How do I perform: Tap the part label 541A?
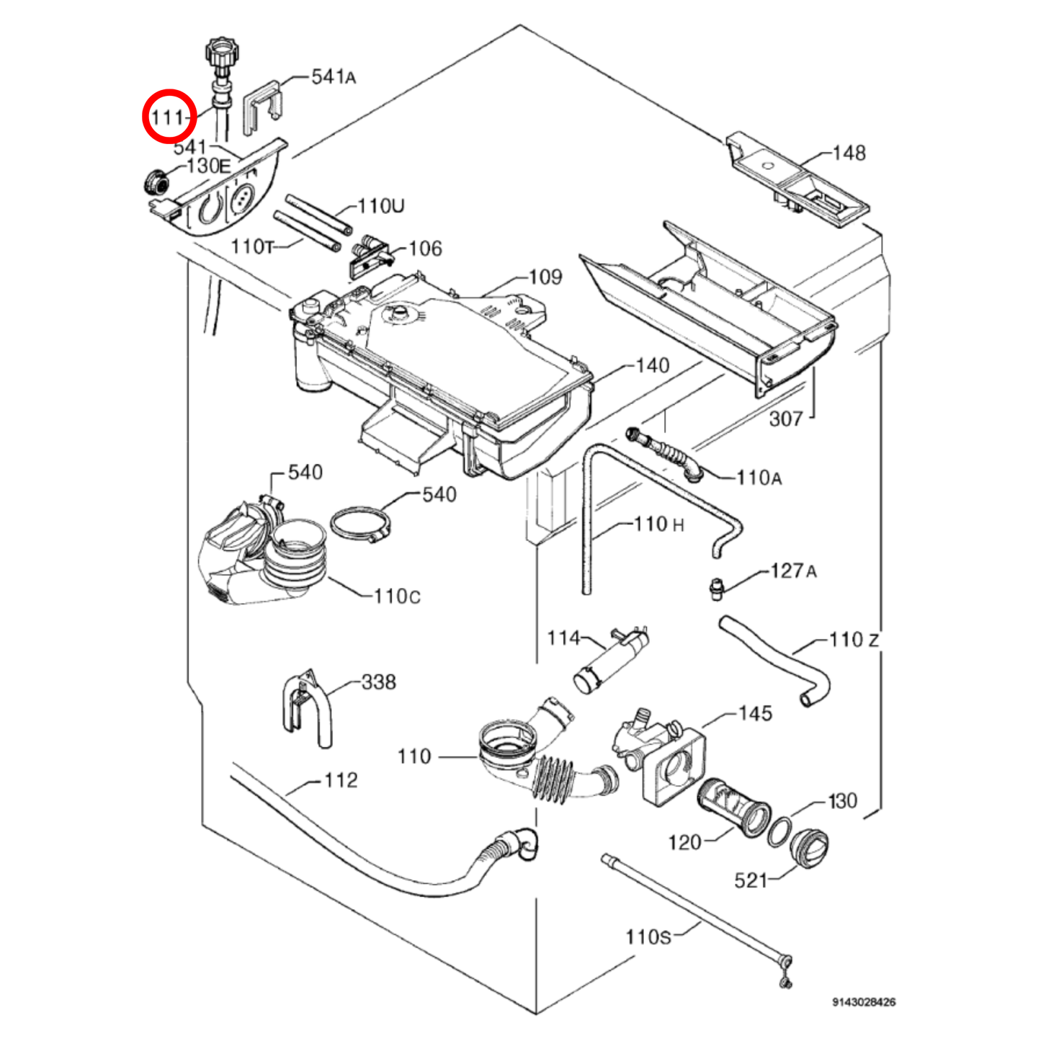point(333,76)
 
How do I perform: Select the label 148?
point(849,153)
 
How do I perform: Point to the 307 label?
point(786,419)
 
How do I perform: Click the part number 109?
point(545,277)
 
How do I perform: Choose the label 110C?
point(397,596)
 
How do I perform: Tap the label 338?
point(378,682)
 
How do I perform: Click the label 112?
point(341,780)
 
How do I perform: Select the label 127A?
point(793,571)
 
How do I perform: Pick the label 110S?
point(648,937)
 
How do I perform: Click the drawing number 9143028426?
point(864,1002)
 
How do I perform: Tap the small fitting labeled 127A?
point(715,587)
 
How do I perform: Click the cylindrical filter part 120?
point(734,806)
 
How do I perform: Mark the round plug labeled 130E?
point(154,182)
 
